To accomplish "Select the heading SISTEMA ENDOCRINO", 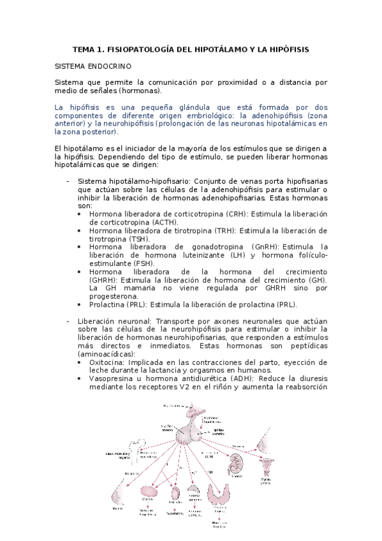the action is [x=90, y=66].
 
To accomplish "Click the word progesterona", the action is [x=114, y=296].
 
